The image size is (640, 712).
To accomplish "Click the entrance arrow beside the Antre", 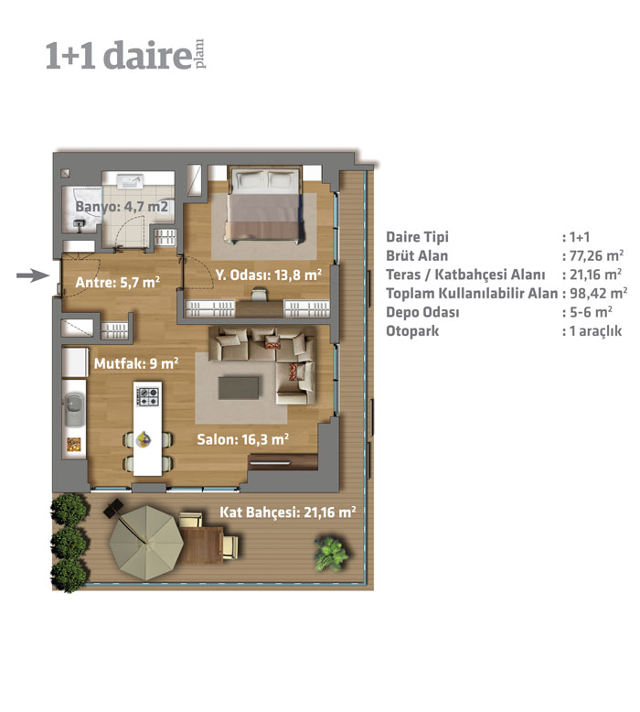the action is [33, 275].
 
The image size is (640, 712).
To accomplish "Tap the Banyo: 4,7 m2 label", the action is [122, 207].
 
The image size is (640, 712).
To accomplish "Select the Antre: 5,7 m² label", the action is [117, 283].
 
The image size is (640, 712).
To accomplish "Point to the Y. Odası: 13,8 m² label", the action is [269, 275].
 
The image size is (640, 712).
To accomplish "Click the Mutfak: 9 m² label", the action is [136, 363].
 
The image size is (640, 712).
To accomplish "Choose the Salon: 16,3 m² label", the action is [242, 439].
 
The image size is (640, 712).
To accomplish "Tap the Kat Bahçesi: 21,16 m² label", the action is [288, 512].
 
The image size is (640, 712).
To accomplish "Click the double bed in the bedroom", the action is [265, 204].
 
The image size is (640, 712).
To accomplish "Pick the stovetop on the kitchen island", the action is [148, 396].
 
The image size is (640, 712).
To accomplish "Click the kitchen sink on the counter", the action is [74, 410].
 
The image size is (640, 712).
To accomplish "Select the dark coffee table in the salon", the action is [239, 388].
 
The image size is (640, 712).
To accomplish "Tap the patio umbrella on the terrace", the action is [146, 543].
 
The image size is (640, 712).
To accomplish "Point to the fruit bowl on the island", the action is [144, 438].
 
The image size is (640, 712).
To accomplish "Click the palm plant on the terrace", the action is [332, 553].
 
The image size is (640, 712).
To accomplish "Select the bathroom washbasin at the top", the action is [130, 180].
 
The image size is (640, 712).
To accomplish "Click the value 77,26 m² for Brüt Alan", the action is [596, 255].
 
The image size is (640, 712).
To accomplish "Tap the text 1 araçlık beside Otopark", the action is [595, 330].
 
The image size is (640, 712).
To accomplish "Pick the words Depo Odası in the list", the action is [422, 312].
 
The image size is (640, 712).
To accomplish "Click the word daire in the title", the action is [147, 55].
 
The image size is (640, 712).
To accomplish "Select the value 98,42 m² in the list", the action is [598, 293].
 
